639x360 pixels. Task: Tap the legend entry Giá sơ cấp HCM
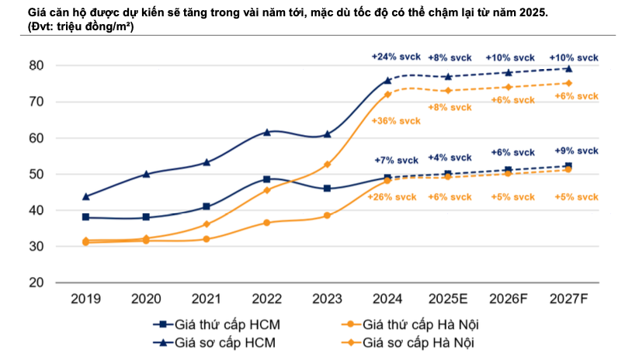pos(226,341)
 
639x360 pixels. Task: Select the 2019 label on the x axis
pos(85,299)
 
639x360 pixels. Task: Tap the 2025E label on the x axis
pos(447,299)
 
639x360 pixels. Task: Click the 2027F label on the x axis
pos(568,299)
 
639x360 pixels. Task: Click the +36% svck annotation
pos(396,121)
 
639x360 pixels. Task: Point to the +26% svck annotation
pos(393,196)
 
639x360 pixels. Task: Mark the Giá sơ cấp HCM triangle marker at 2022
pos(266,132)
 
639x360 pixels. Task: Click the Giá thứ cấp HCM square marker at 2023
pos(327,189)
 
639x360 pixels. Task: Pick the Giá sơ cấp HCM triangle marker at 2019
pos(85,196)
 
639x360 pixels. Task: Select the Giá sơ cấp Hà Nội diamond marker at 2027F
pos(568,83)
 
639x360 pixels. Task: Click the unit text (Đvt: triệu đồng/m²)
pos(79,26)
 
